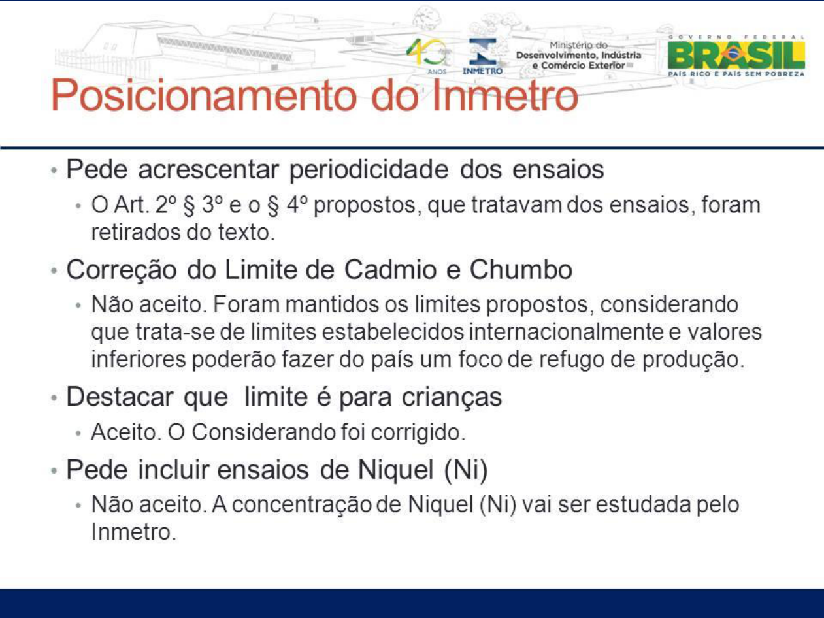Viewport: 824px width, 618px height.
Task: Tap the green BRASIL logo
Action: (x=736, y=56)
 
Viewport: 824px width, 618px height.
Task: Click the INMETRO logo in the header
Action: (x=482, y=56)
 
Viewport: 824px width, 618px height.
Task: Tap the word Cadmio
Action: (x=390, y=270)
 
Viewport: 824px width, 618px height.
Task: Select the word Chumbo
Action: (x=521, y=270)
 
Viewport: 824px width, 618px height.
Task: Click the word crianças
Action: (x=452, y=397)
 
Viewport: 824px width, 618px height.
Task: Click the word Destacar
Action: (x=120, y=397)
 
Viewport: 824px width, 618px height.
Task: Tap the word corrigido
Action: (x=418, y=432)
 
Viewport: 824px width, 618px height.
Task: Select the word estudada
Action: (x=644, y=504)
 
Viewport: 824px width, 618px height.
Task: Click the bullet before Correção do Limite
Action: (x=54, y=270)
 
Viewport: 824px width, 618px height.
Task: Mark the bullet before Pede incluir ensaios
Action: (x=54, y=470)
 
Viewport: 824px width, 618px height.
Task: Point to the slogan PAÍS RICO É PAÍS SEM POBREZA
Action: (x=736, y=74)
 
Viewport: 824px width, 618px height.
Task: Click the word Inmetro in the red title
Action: (x=505, y=95)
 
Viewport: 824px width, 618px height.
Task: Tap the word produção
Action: (x=693, y=359)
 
